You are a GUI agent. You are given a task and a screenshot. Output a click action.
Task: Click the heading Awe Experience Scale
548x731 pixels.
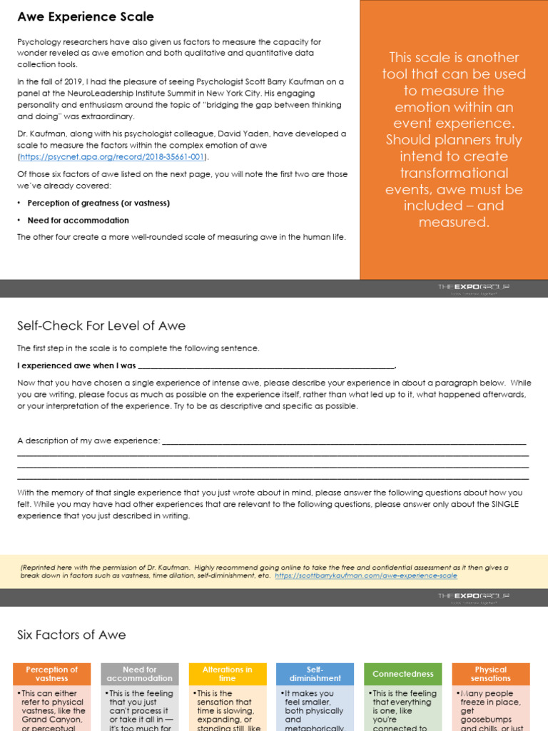click(x=86, y=16)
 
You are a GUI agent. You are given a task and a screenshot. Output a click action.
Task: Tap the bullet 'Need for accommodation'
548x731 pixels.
click(x=78, y=221)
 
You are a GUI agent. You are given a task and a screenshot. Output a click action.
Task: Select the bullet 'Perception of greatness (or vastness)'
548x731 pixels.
click(x=98, y=203)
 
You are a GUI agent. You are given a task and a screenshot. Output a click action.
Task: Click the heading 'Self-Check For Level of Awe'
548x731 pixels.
click(x=101, y=326)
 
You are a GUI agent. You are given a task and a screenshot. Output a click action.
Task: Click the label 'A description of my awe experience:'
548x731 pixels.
click(x=89, y=440)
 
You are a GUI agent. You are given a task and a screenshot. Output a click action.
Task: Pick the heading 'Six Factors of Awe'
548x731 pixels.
click(x=71, y=635)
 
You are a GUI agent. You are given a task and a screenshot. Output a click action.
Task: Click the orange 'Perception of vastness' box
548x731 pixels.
click(x=52, y=674)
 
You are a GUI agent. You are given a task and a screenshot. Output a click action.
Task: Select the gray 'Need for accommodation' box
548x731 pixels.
click(x=140, y=674)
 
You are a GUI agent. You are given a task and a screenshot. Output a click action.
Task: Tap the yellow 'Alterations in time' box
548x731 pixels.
click(x=227, y=674)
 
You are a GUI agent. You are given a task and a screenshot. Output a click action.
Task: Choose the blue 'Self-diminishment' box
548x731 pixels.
click(x=315, y=674)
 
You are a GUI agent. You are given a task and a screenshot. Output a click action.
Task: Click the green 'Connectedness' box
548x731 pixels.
click(x=402, y=674)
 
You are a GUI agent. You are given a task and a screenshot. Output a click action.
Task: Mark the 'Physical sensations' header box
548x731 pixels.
click(x=490, y=674)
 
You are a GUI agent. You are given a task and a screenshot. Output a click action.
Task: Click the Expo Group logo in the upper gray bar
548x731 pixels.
click(x=474, y=288)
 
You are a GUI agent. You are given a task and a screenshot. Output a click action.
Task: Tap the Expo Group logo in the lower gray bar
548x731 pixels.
click(x=474, y=597)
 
